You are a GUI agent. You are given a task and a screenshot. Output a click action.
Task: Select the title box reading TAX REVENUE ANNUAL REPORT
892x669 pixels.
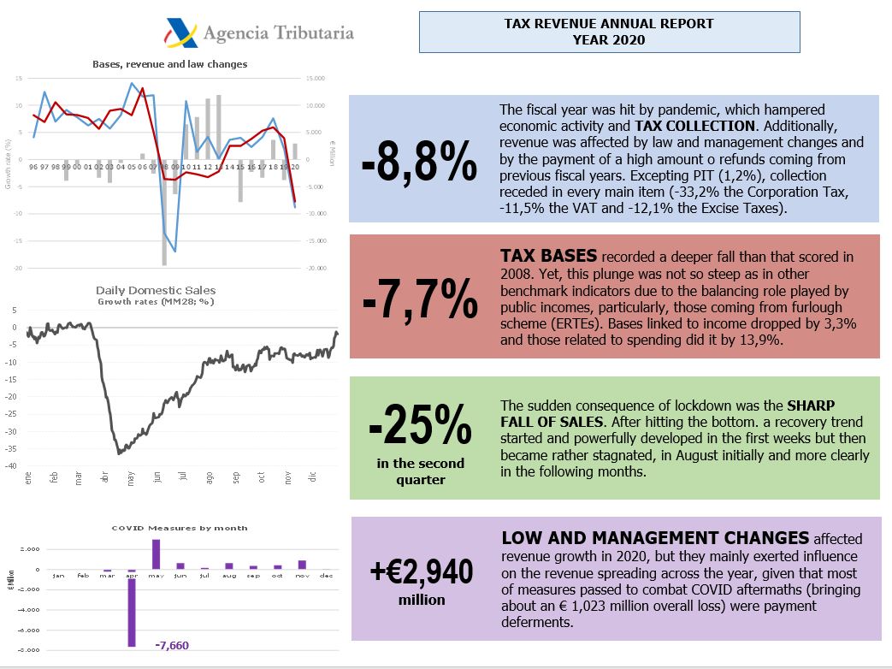609,32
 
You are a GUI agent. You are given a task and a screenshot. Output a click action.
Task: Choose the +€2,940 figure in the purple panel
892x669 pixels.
421,571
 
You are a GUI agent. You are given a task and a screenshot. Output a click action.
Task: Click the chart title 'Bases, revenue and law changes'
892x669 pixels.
169,64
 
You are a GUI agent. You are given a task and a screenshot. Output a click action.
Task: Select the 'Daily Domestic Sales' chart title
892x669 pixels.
156,291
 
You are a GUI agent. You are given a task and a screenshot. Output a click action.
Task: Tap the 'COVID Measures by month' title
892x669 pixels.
180,528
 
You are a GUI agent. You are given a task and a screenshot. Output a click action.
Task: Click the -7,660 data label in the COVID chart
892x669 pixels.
172,646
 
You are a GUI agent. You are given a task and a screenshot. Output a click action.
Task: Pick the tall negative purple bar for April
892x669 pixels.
132,608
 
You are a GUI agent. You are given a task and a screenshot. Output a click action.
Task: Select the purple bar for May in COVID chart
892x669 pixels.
156,554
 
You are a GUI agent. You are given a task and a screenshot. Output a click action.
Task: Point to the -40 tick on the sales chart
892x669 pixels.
11,466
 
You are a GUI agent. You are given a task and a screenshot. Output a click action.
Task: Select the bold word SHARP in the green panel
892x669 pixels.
812,405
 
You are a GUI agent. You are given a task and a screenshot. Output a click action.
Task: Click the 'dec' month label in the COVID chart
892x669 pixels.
325,576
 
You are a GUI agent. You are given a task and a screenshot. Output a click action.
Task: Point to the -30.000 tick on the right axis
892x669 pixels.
316,268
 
